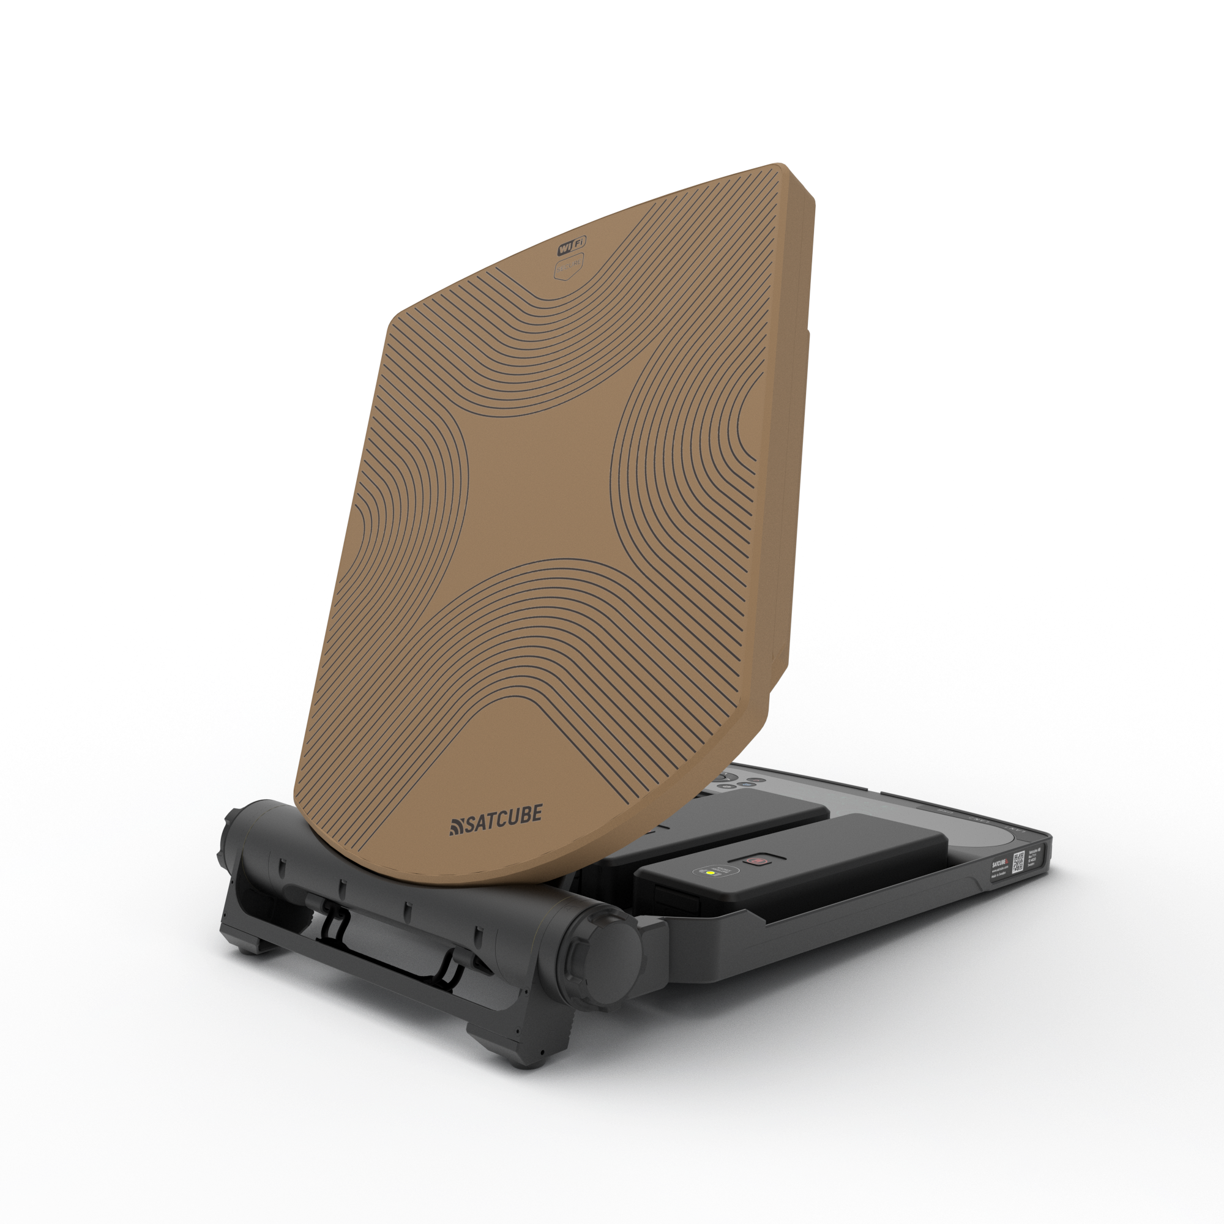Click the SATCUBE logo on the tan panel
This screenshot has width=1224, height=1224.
[496, 821]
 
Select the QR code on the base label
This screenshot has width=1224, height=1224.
[1019, 862]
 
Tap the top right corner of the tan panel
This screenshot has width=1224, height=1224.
[786, 168]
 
